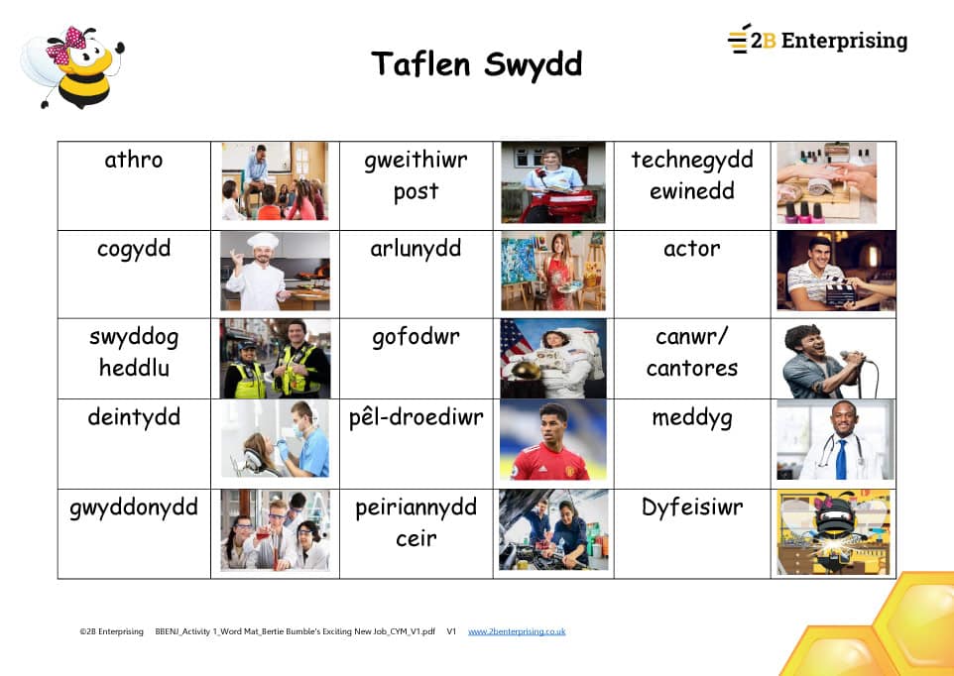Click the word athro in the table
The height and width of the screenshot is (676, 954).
(x=133, y=160)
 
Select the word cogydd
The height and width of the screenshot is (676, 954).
(x=134, y=250)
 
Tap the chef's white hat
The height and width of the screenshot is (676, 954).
(x=263, y=241)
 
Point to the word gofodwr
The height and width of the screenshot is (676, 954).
(x=416, y=337)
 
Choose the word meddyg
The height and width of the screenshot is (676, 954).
(x=692, y=419)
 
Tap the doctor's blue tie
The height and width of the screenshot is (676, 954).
(x=841, y=459)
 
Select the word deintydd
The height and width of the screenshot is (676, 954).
(x=134, y=417)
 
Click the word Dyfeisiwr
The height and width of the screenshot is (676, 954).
(x=692, y=507)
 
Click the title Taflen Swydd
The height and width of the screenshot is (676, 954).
(x=476, y=64)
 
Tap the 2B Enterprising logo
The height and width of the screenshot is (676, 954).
(x=817, y=40)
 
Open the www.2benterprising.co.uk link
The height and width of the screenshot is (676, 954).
(x=517, y=631)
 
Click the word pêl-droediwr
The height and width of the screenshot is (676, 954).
(x=417, y=418)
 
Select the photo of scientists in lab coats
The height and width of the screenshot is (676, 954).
(x=275, y=530)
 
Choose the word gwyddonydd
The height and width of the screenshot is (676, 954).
(x=134, y=507)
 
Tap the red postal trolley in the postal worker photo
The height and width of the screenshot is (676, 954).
(x=557, y=205)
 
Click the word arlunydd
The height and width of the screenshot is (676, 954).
(x=416, y=249)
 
